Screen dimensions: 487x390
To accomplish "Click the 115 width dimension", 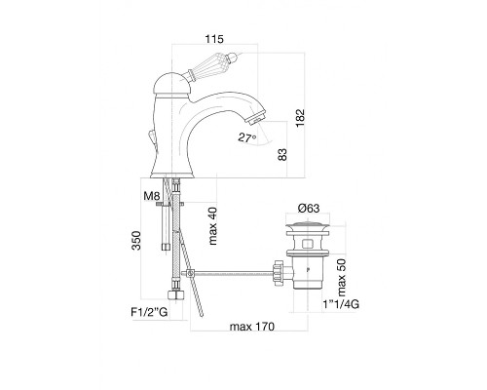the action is tap(214, 39).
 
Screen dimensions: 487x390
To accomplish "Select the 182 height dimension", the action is tap(300, 118).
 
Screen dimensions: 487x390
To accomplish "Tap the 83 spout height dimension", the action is tap(282, 154).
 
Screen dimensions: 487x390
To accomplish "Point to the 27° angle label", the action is tap(247, 137).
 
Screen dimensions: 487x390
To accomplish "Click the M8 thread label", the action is tap(152, 196).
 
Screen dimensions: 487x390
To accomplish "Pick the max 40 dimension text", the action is tap(212, 225).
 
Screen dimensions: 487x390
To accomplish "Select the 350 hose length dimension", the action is tap(136, 241).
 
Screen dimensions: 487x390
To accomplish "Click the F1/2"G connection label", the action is tap(149, 312).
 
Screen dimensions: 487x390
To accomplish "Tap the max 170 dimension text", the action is tap(252, 327).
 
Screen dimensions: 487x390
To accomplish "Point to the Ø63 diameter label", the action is tap(309, 208).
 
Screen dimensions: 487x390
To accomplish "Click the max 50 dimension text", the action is tap(342, 278).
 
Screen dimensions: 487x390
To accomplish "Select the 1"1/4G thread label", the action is tap(341, 304).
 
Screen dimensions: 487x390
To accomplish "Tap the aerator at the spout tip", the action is tap(256, 117).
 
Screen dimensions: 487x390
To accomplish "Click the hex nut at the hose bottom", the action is tap(175, 296).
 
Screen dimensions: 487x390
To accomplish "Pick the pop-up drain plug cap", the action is tap(308, 226).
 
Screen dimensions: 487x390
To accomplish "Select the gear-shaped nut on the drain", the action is tap(280, 272).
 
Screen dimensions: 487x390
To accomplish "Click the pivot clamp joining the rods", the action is tap(190, 274).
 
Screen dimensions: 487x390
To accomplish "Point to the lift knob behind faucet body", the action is tap(152, 138).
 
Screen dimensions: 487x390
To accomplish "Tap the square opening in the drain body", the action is tap(308, 244).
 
